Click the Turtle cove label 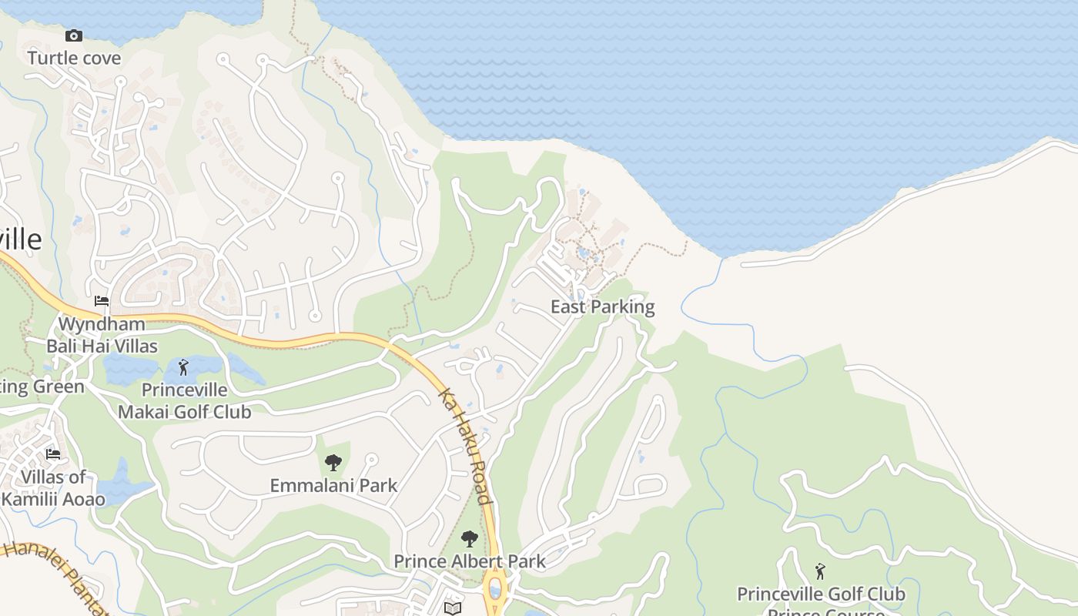[74, 58]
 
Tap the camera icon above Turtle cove [74, 36]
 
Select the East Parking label [602, 307]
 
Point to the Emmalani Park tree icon [333, 463]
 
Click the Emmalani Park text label [333, 485]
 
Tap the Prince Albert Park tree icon [469, 538]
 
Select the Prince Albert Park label [470, 561]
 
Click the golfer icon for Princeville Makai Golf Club [183, 367]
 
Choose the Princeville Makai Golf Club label [184, 401]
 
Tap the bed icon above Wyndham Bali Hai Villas [102, 300]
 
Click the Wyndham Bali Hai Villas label [102, 335]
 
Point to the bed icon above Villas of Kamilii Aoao [53, 454]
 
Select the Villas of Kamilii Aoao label [53, 488]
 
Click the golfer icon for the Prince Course [820, 571]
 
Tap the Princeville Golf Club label [821, 594]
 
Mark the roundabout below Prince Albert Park [495, 589]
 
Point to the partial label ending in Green [42, 387]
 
